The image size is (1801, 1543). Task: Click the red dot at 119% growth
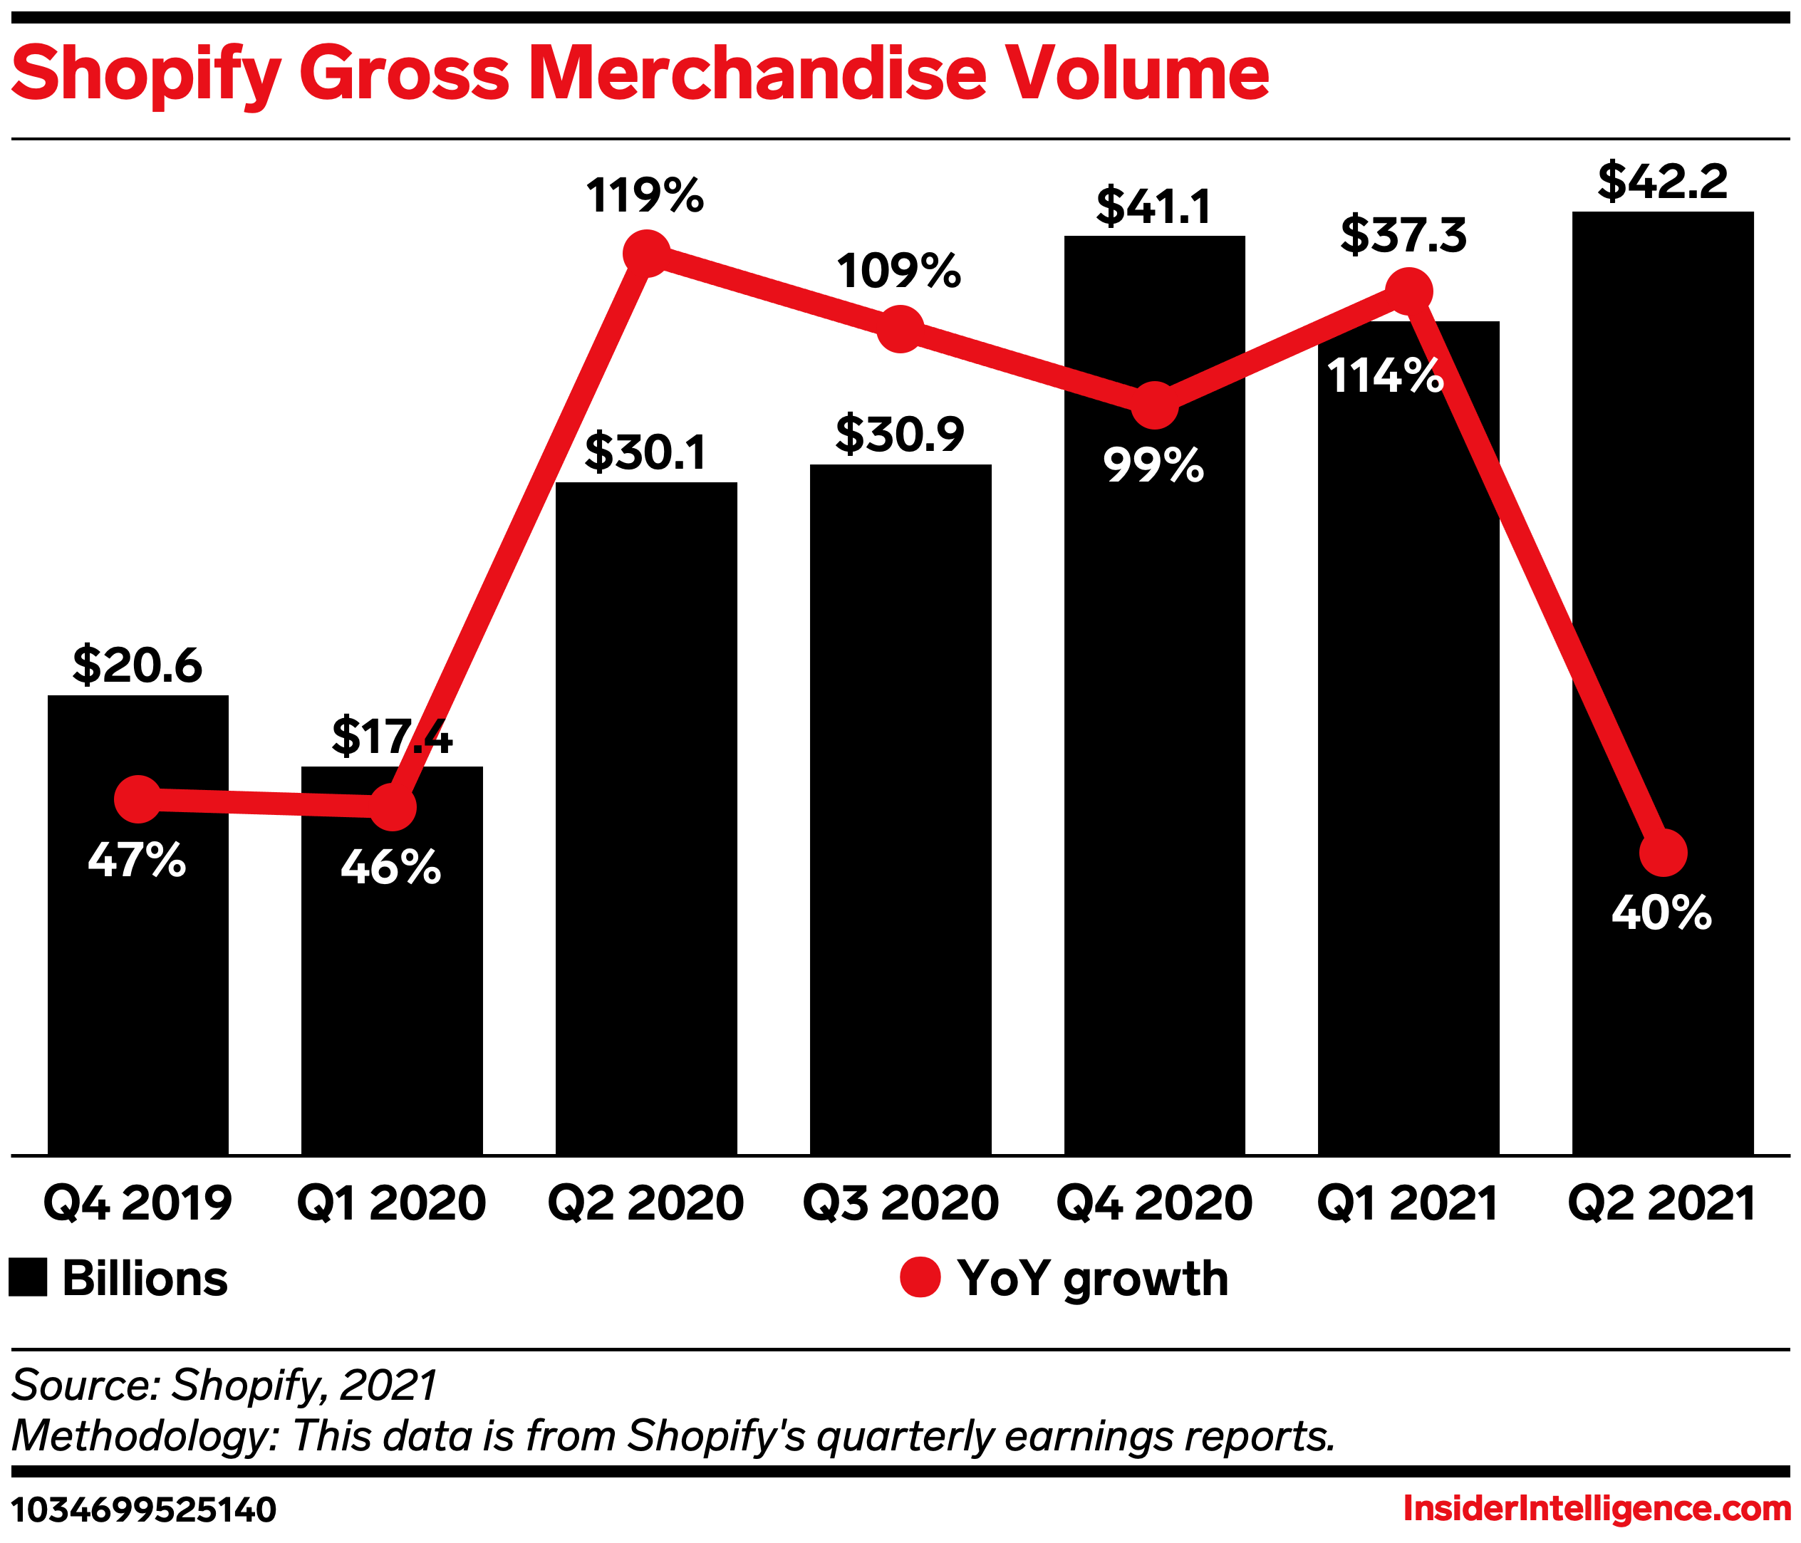click(x=647, y=254)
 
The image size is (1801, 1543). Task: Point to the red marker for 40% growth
click(x=1663, y=853)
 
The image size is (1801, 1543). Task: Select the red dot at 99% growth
click(x=1154, y=405)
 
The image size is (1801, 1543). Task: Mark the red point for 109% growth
click(x=900, y=328)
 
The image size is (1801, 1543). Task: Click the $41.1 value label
click(x=1153, y=207)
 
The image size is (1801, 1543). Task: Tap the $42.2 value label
click(x=1662, y=182)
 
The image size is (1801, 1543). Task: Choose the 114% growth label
click(x=1385, y=376)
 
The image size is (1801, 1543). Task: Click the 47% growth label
click(x=137, y=860)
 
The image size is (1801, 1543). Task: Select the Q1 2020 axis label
click(x=391, y=1204)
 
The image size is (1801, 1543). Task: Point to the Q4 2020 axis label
click(x=1153, y=1204)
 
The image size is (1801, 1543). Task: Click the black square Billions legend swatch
click(x=28, y=1278)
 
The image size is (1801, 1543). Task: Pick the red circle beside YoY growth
click(x=920, y=1278)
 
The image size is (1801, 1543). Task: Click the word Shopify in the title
click(x=145, y=74)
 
